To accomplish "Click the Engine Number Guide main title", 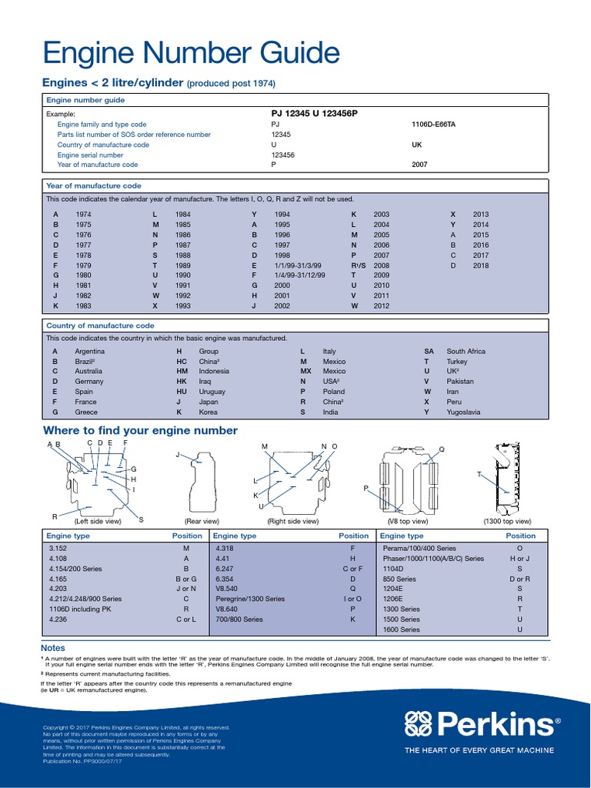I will pos(191,53).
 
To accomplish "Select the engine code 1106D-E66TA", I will pos(433,124).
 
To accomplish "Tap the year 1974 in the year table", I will pos(83,215).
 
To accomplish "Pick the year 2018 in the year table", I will pos(481,265).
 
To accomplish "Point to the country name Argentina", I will pos(90,352).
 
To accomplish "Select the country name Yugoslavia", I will pos(463,412).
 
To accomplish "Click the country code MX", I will pos(306,372).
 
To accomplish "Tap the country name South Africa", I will pos(466,352).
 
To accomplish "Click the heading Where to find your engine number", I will pos(140,431).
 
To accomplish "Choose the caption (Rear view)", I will pos(202,521).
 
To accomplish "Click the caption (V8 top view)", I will pos(407,521).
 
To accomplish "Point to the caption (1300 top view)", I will pos(506,521).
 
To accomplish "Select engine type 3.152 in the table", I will pos(58,549).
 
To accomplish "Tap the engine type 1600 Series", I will pos(401,629).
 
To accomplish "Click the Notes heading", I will pos(53,648).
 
